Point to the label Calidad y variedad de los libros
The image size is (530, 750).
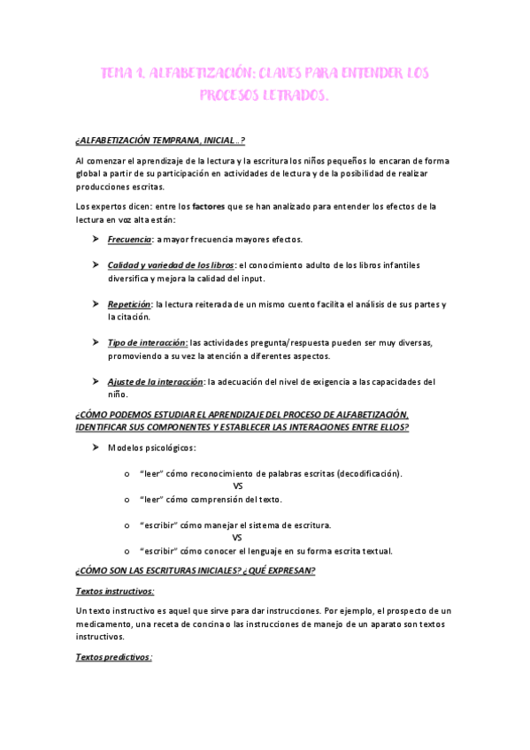pyautogui.click(x=171, y=264)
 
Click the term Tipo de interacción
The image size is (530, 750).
pyautogui.click(x=147, y=342)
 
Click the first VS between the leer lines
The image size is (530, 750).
pyautogui.click(x=238, y=486)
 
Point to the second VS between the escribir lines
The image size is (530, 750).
pyautogui.click(x=238, y=537)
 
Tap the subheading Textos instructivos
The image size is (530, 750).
pyautogui.click(x=115, y=591)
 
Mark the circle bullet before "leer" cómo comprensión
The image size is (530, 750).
pyautogui.click(x=129, y=499)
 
